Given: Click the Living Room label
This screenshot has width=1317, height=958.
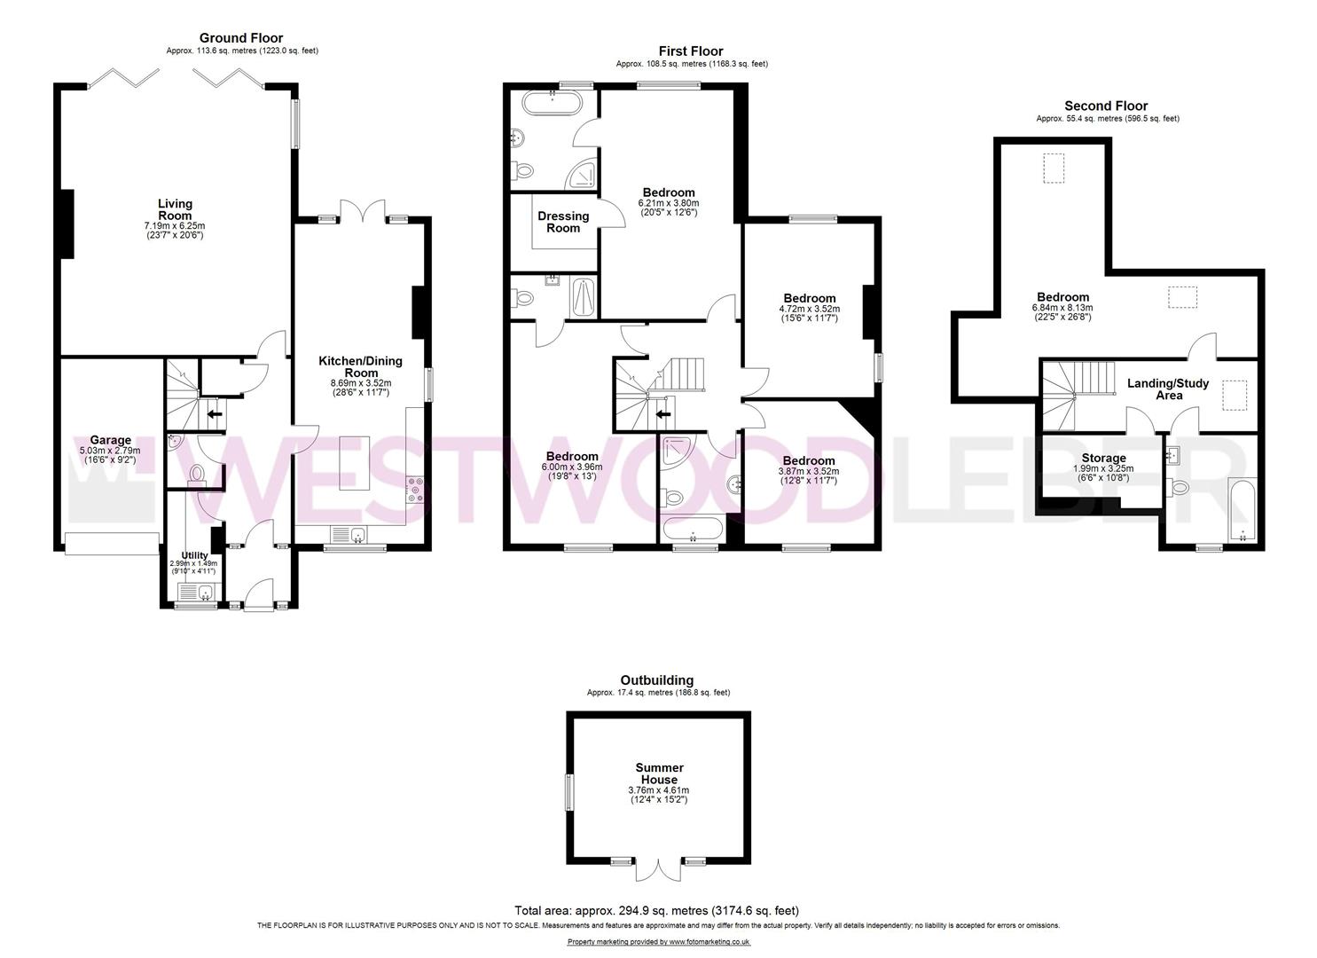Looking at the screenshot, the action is point(176,209).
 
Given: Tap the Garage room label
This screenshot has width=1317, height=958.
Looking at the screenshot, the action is point(111,440).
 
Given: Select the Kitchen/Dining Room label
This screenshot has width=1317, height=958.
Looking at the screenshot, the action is point(360,366).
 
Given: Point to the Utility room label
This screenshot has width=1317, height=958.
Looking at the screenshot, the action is point(194,555).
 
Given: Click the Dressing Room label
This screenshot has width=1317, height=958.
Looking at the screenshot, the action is point(563,223).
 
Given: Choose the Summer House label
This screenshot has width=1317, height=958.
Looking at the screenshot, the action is point(659,773).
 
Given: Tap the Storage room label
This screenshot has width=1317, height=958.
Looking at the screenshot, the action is point(1103,458).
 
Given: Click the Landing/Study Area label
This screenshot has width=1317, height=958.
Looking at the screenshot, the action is point(1168,389).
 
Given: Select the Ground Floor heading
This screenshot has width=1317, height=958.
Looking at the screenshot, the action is point(241,38).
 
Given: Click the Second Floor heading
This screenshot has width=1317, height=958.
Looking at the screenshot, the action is point(1106,106).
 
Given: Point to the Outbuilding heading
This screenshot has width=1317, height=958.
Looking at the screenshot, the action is point(657,680).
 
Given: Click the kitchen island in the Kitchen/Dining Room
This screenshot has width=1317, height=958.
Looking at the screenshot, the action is point(355,463).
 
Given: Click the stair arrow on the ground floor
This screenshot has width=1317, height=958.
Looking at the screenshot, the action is point(214,413).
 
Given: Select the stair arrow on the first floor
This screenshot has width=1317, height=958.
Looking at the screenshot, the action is point(662,414).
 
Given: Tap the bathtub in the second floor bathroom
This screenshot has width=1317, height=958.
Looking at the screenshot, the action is point(1242,508).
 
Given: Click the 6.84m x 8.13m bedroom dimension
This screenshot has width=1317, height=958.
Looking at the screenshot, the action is point(1062,308).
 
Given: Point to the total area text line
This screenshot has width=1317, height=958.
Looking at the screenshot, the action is point(657,911).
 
